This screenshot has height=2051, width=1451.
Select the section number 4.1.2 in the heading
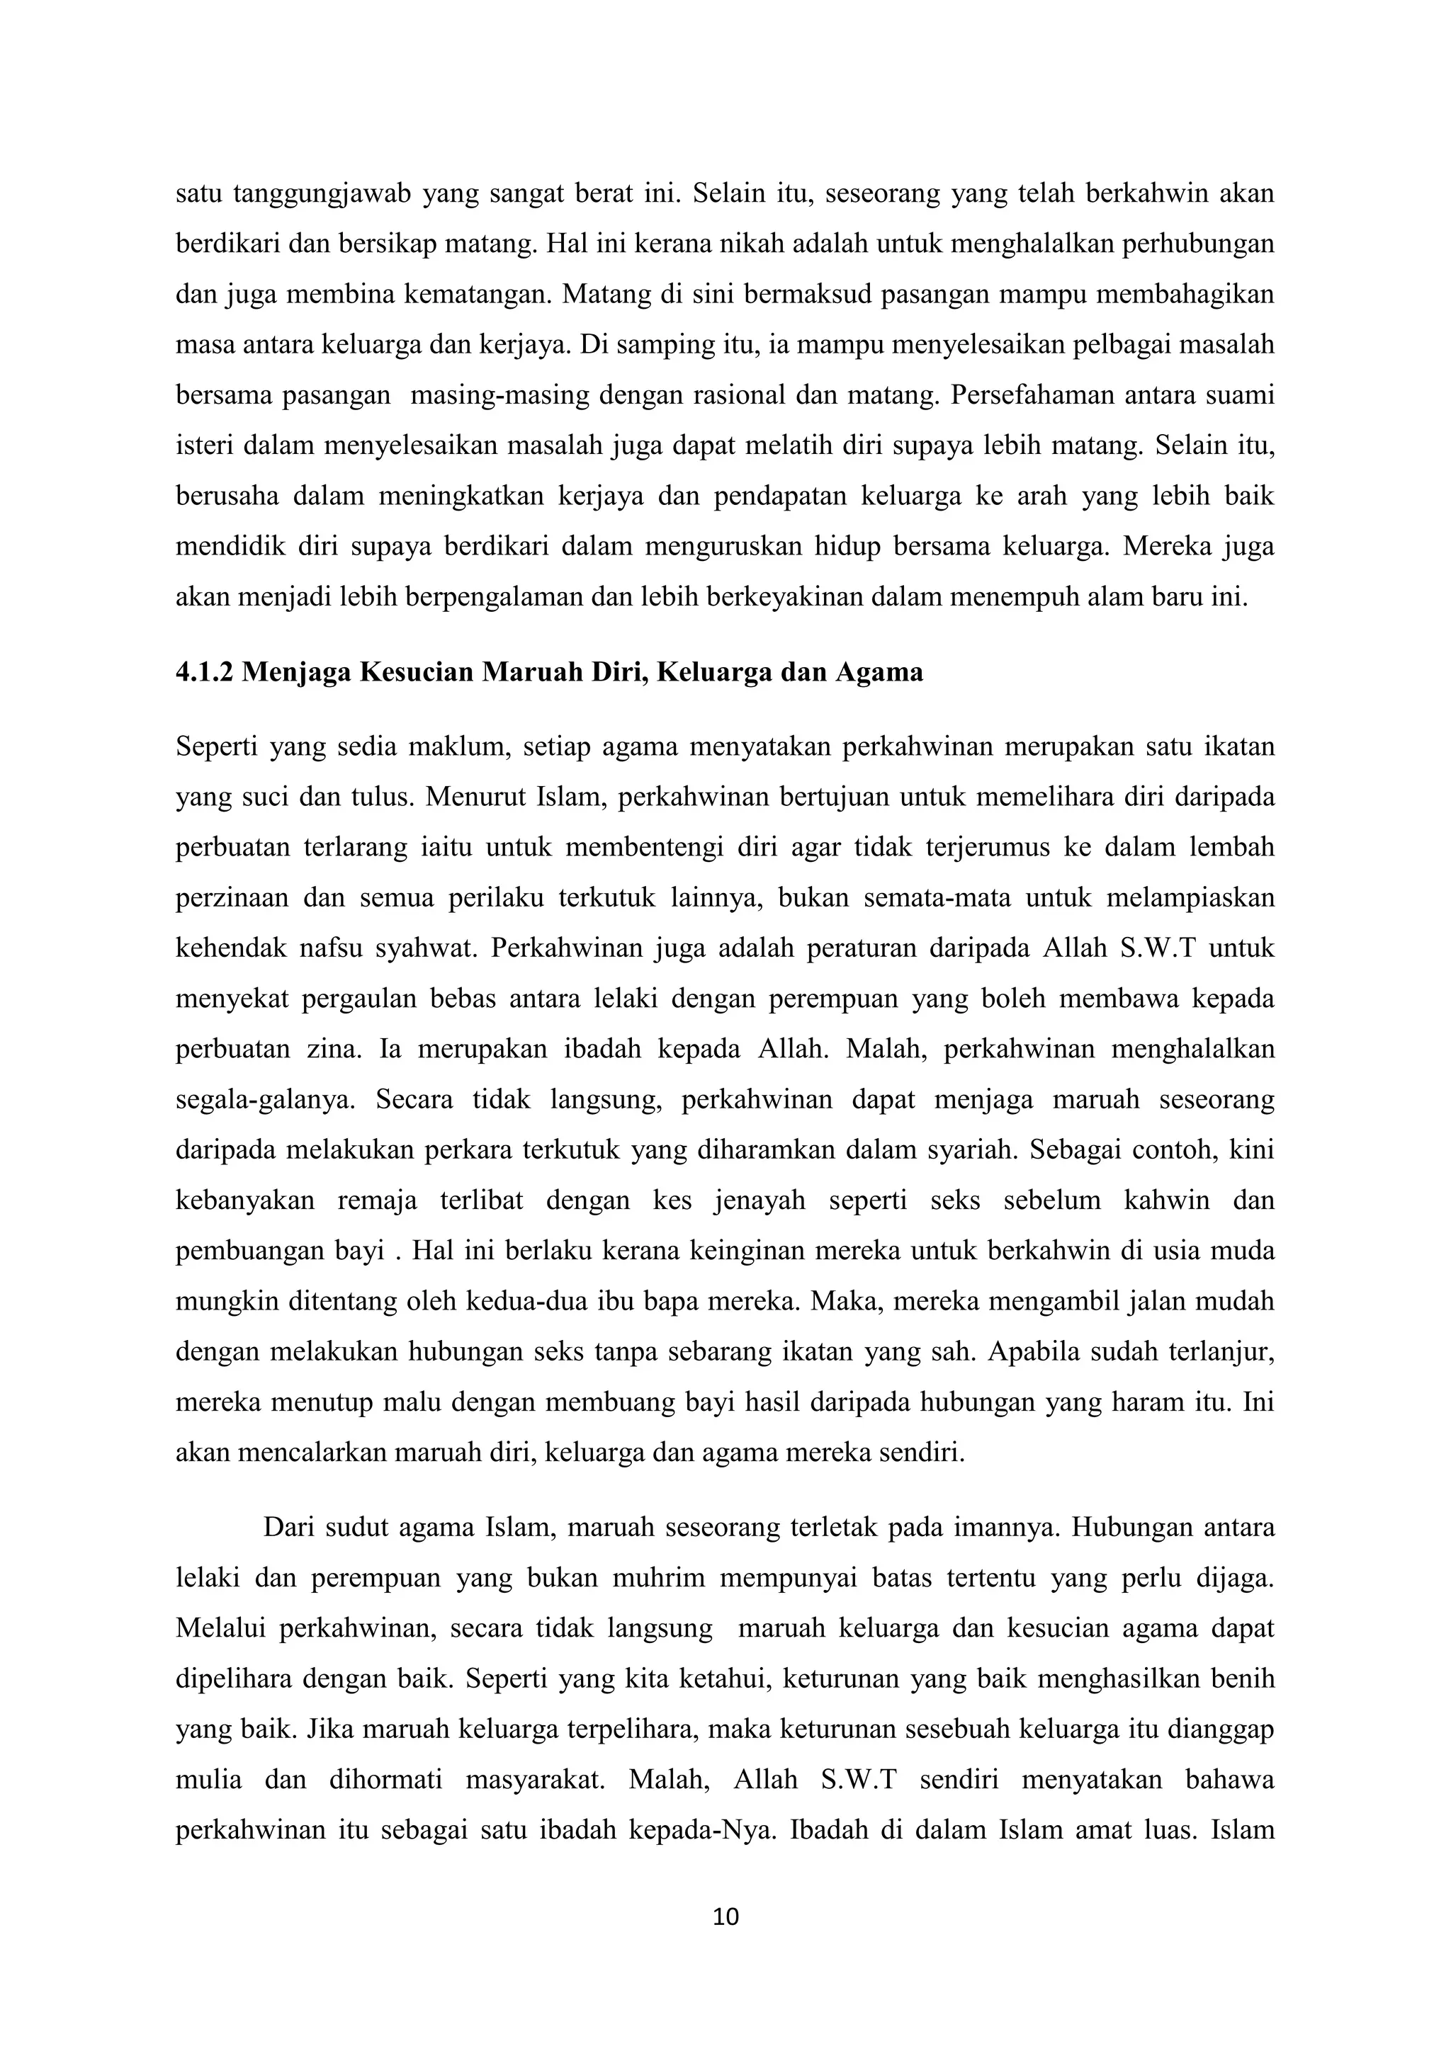pyautogui.click(x=205, y=672)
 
